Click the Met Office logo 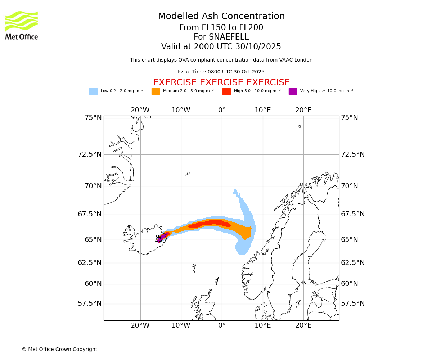click(x=22, y=25)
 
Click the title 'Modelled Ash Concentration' click(x=221, y=17)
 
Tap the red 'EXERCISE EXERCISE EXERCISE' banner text click(x=221, y=82)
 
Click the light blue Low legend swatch click(x=93, y=91)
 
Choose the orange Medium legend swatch click(x=156, y=91)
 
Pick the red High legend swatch click(x=226, y=91)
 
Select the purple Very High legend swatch click(x=293, y=91)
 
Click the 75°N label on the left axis click(x=90, y=118)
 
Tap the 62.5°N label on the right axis click(x=353, y=263)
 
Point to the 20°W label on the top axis click(x=140, y=110)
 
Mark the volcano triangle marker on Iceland click(x=159, y=239)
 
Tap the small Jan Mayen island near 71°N click(x=187, y=174)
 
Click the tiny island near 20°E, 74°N click(x=300, y=126)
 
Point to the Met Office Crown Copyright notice click(x=59, y=350)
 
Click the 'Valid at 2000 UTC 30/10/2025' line click(x=221, y=47)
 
